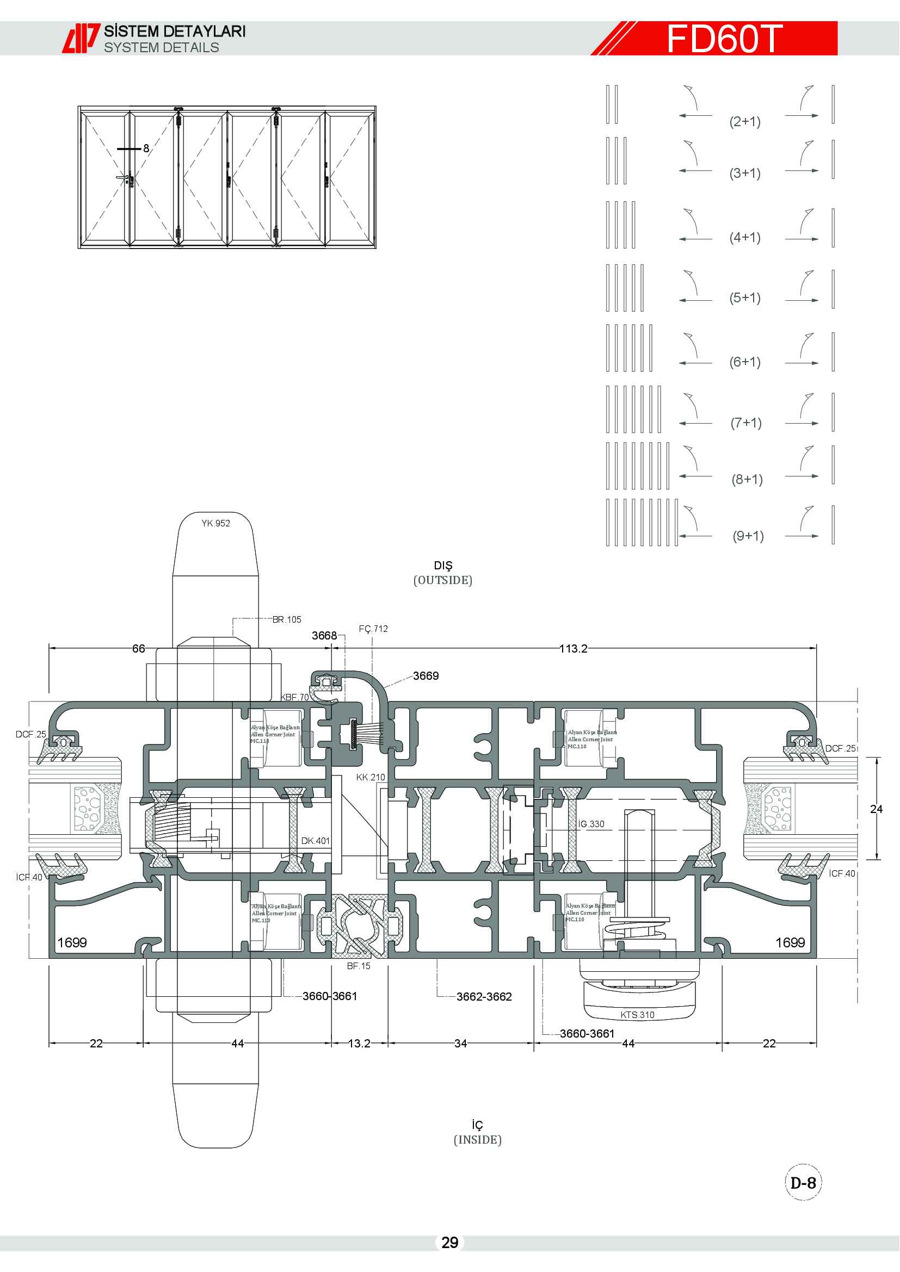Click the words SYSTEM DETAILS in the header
161,48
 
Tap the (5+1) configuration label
745,297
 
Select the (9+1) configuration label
748,536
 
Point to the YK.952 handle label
215,523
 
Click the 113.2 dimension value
573,648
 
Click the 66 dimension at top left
139,648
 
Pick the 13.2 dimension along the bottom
359,1043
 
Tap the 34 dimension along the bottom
460,1043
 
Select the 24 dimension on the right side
876,809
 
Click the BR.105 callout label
287,619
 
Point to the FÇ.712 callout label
373,629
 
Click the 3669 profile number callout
426,675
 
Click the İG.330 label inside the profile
591,824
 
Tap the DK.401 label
316,840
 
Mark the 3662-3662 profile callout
484,996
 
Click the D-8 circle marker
803,1183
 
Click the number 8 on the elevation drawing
146,148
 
